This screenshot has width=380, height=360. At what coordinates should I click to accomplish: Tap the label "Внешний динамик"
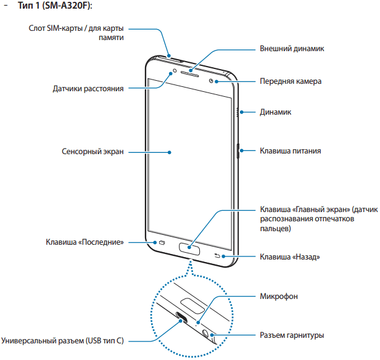point(292,48)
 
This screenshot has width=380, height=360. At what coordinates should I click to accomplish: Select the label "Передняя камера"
point(290,81)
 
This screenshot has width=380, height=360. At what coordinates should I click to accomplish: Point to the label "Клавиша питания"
point(289,150)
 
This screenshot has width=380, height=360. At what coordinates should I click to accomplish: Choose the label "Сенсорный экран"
point(93,151)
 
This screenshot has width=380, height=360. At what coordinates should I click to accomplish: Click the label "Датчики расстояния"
point(89,89)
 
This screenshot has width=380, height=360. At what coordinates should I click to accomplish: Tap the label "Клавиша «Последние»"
point(85,242)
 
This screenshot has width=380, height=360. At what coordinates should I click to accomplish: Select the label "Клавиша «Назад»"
point(290,256)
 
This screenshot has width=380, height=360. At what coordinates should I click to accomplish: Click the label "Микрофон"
point(279,297)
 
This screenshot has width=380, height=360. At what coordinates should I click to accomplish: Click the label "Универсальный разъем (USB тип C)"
point(63,340)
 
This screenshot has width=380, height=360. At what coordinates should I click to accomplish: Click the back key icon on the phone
point(217,256)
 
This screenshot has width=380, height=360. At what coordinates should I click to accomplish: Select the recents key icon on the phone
point(163,243)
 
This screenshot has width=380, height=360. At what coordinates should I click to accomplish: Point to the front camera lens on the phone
point(212,81)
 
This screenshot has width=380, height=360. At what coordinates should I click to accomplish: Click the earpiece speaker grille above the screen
point(191,68)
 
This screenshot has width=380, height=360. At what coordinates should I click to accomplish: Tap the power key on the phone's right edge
point(238,150)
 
